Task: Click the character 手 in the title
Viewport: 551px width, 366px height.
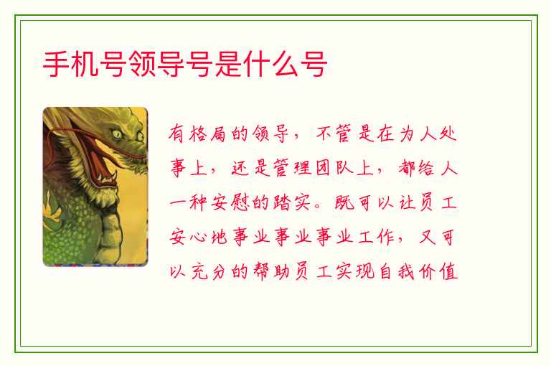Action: click(56, 64)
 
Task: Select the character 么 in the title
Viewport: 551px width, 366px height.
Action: click(286, 64)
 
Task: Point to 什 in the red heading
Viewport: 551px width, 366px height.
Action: click(257, 64)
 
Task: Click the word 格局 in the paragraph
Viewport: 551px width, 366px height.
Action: click(207, 133)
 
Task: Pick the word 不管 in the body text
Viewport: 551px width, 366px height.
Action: click(334, 133)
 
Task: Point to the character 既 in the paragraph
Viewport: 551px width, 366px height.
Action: click(344, 203)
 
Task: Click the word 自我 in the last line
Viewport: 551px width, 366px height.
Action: click(397, 272)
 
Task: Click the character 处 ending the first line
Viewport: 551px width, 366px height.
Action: click(448, 133)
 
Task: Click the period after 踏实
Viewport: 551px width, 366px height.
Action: click(318, 207)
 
